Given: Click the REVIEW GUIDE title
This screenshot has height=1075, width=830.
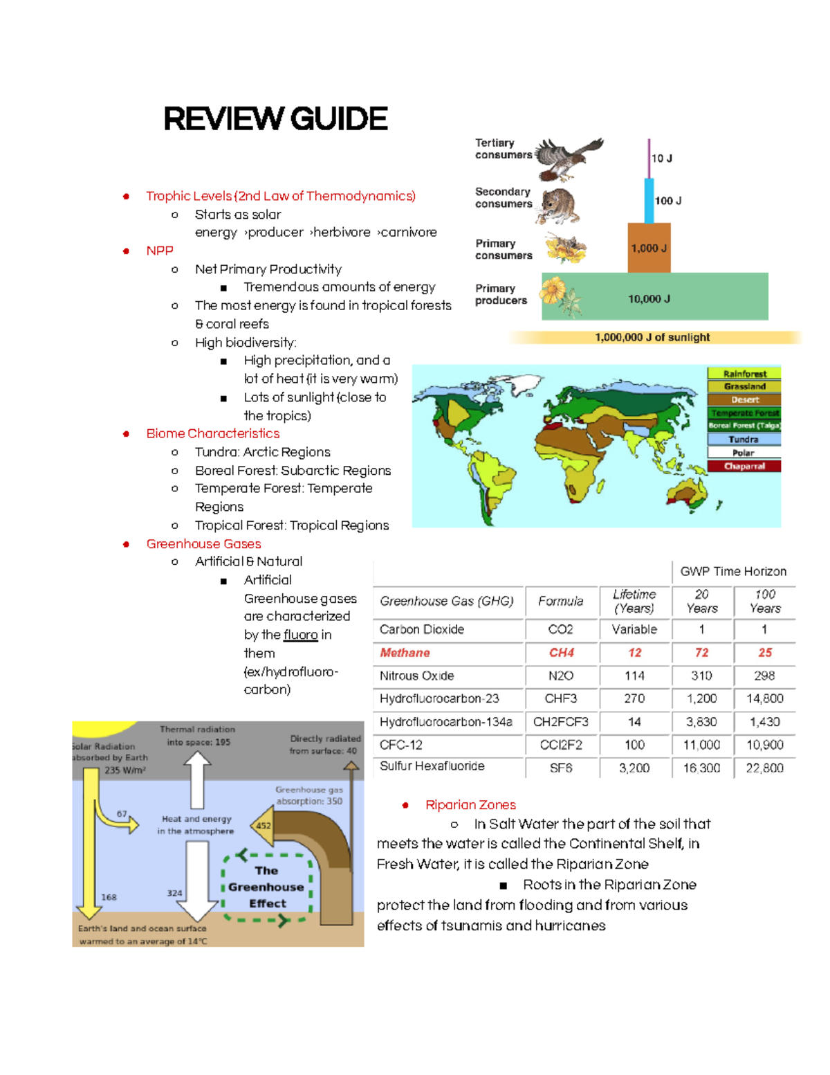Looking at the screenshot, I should (x=275, y=119).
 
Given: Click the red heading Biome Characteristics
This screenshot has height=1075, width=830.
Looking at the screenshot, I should (x=213, y=433).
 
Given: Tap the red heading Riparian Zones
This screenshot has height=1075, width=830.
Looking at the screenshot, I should (x=470, y=804).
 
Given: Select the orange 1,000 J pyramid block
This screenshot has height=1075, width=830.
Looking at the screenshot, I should (x=649, y=248).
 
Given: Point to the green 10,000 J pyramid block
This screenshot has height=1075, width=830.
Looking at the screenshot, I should (x=654, y=298).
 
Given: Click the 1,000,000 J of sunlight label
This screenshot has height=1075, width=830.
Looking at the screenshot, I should (x=652, y=337).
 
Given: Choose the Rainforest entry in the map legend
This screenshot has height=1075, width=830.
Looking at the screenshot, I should (x=744, y=374).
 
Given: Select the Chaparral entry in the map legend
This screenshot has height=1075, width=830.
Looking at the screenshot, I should (x=744, y=466).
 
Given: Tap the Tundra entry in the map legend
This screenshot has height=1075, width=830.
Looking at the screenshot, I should (x=744, y=440).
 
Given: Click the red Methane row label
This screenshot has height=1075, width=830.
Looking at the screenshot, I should (x=405, y=653).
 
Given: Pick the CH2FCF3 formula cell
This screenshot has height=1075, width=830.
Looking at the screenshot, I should (x=561, y=722).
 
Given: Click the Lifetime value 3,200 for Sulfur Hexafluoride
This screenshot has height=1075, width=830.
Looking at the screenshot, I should (x=634, y=768).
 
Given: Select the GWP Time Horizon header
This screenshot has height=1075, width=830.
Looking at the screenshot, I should (x=733, y=572).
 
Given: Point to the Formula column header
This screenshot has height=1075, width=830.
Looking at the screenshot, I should (x=561, y=602).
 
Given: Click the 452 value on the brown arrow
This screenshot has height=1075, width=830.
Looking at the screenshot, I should (x=264, y=825).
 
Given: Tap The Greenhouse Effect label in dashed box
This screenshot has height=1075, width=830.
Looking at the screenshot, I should (x=267, y=887).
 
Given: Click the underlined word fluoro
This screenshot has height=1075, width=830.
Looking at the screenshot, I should (x=301, y=635).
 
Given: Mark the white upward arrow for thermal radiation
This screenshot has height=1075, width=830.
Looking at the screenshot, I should (x=197, y=779).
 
